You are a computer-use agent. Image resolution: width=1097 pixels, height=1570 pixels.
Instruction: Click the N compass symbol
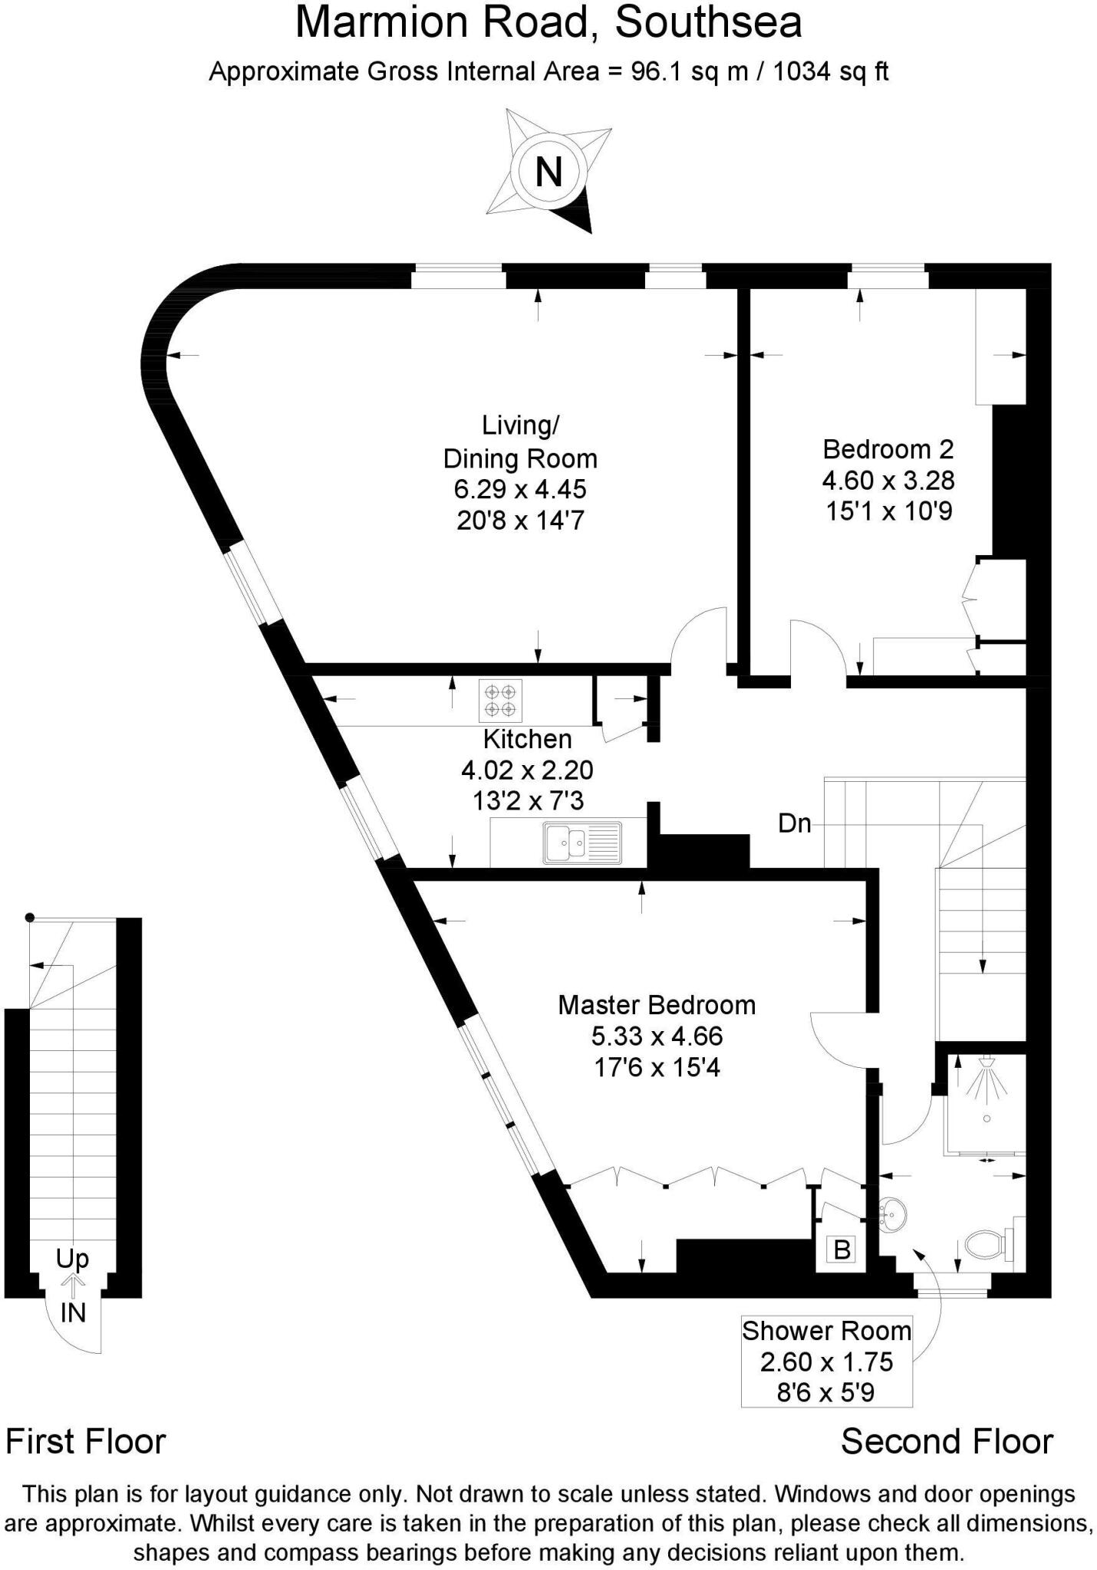click(548, 171)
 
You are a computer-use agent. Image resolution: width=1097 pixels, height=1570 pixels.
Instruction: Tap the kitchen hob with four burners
click(500, 700)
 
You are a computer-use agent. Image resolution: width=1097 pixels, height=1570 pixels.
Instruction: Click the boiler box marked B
click(842, 1250)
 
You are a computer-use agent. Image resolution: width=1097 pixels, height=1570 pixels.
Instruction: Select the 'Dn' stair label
click(795, 823)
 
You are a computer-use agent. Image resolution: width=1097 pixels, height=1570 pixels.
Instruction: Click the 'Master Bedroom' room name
click(657, 1005)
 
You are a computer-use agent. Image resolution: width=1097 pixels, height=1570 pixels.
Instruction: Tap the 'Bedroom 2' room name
click(888, 448)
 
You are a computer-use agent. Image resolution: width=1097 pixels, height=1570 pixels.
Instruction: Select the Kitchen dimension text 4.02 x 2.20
click(527, 770)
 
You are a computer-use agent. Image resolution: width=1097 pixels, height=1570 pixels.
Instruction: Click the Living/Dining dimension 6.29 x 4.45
click(520, 489)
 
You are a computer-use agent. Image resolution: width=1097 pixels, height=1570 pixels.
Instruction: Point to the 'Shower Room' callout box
click(826, 1361)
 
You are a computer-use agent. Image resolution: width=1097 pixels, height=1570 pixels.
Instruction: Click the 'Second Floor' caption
click(947, 1442)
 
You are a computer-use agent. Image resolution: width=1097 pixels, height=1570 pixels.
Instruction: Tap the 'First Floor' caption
click(86, 1442)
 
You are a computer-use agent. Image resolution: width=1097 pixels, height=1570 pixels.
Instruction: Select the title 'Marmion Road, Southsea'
click(548, 23)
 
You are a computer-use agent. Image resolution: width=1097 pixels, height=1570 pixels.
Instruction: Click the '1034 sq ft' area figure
click(831, 72)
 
